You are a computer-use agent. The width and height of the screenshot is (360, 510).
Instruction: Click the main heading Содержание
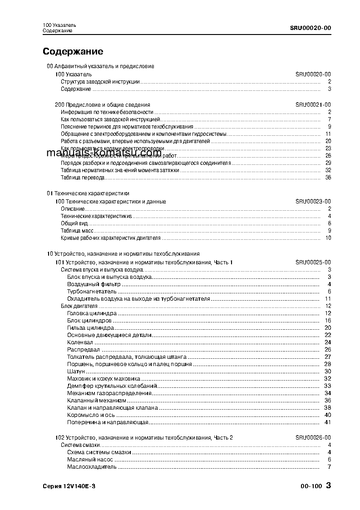73,51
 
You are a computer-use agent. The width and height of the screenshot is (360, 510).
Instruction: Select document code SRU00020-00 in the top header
310,27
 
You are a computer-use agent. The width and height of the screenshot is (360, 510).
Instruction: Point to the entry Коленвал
80,342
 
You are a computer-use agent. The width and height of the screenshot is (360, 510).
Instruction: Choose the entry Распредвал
84,349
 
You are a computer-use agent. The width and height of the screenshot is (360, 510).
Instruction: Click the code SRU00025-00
313,262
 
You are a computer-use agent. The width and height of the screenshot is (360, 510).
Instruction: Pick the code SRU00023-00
313,202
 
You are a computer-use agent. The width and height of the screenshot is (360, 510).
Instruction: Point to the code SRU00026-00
313,438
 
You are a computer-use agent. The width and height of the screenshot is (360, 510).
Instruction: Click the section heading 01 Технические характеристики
88,193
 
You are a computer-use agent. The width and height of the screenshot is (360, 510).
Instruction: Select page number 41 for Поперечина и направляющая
328,422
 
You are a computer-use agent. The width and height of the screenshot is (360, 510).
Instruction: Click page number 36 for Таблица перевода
328,178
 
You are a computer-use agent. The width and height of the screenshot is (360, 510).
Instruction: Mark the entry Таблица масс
77,231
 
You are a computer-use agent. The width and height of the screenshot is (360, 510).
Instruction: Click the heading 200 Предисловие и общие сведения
102,105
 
